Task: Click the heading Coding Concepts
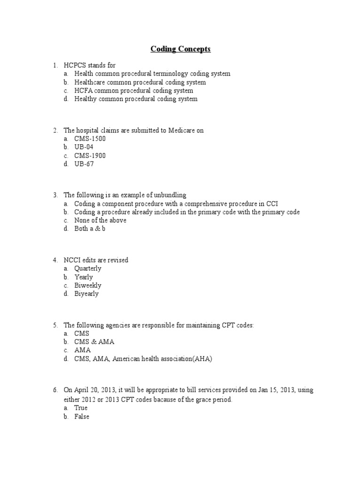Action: click(x=180, y=49)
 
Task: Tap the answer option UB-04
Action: click(x=84, y=147)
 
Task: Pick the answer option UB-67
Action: click(x=84, y=164)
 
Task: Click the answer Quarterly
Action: click(x=87, y=268)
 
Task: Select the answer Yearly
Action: click(x=84, y=277)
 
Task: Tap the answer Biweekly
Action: click(x=87, y=285)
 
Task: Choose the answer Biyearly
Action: click(x=86, y=294)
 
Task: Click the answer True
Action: click(x=81, y=408)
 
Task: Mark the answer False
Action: click(x=82, y=416)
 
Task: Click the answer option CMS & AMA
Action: click(x=94, y=341)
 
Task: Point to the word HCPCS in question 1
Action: click(x=75, y=65)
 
